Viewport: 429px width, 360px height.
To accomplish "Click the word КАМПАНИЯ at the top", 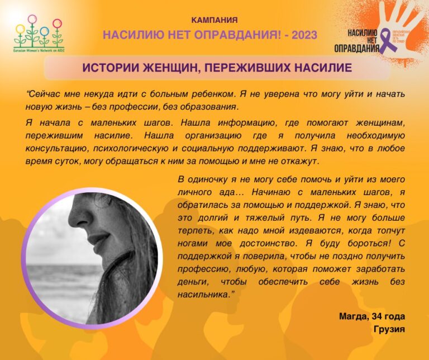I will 214,20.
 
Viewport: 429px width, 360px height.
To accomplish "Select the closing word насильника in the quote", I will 202,293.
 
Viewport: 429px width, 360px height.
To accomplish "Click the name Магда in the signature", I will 352,317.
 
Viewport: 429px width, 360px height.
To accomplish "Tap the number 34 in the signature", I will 376,317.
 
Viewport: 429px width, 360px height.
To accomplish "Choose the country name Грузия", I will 389,329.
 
